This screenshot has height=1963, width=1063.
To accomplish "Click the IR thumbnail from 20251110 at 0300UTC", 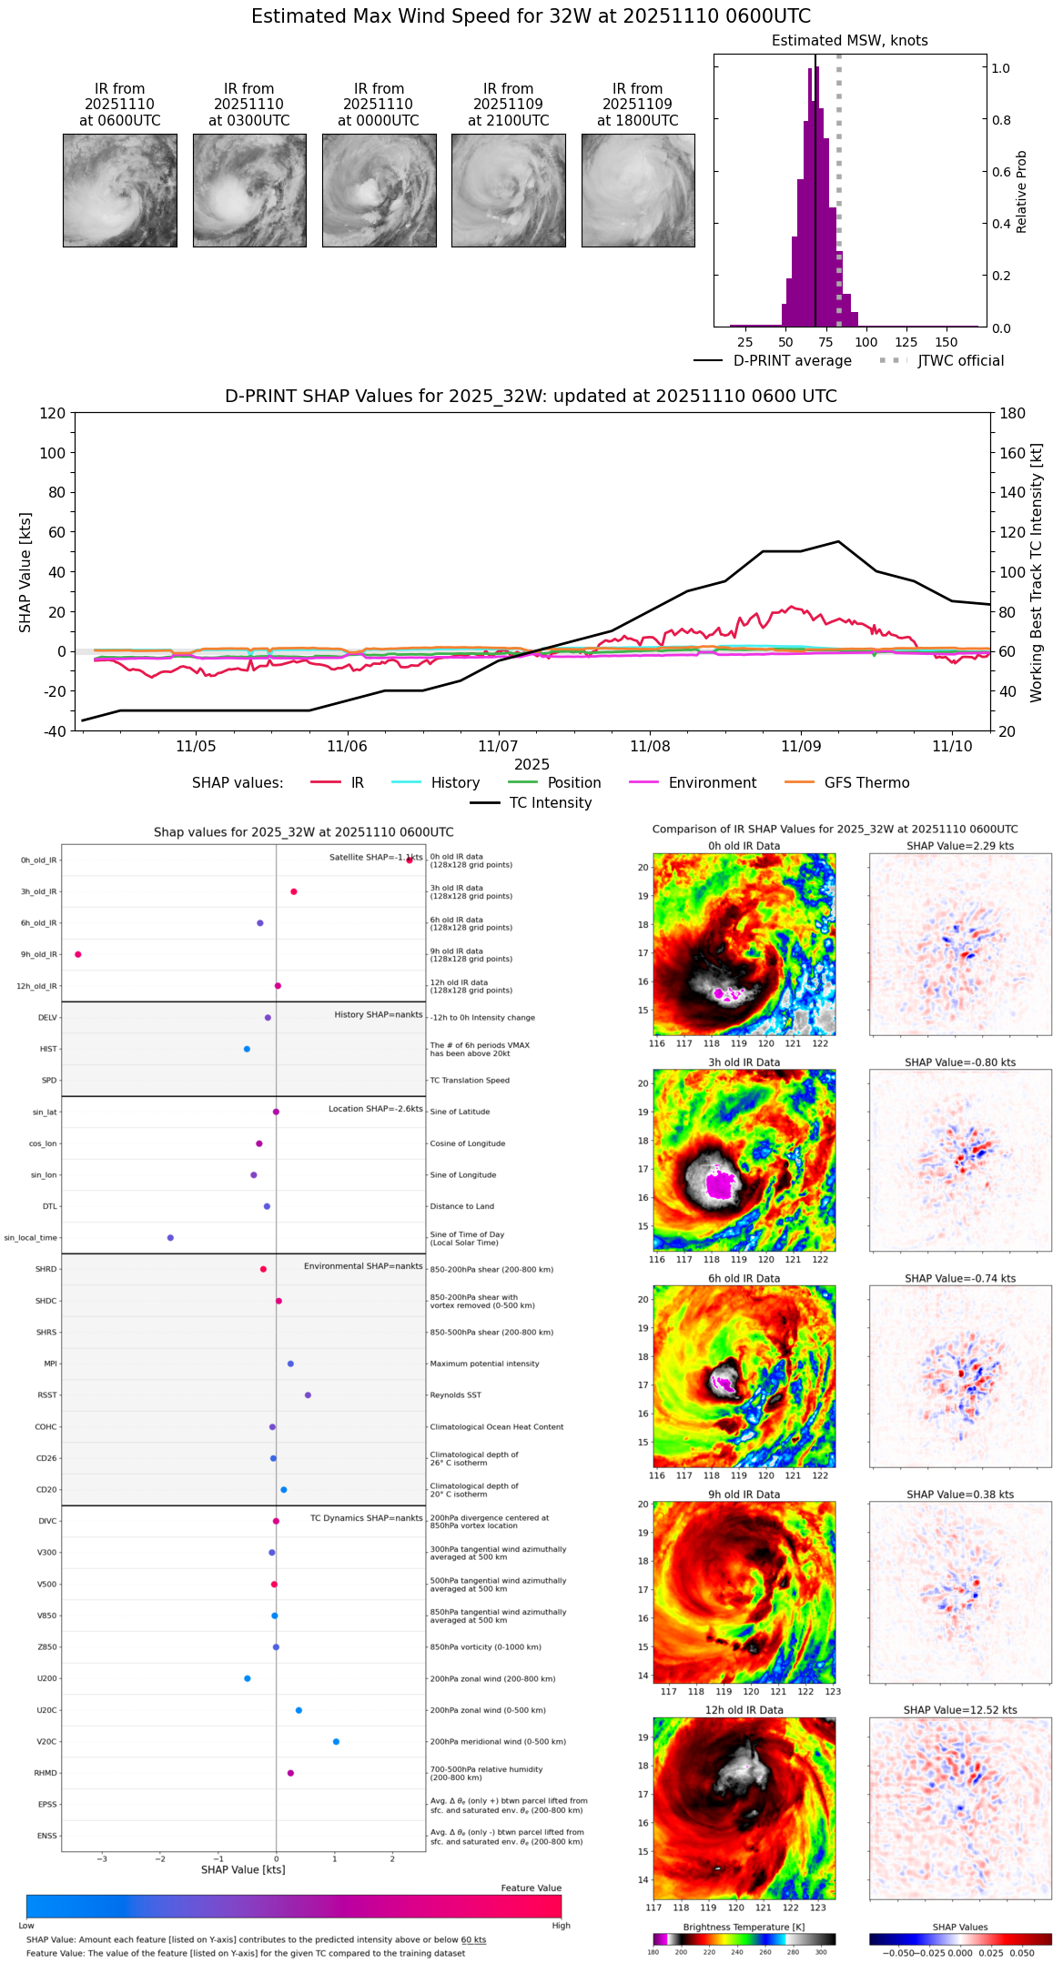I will [x=249, y=190].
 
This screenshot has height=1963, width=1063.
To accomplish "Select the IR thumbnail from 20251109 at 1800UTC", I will [x=638, y=190].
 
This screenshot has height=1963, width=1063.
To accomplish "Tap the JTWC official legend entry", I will [x=960, y=361].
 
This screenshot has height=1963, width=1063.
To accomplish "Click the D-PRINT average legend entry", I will [x=792, y=361].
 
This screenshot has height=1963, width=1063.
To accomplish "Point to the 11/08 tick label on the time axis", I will [x=650, y=747].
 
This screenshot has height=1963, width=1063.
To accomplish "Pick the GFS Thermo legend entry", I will [x=866, y=783].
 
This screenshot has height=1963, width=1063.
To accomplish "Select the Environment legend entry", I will [x=712, y=783].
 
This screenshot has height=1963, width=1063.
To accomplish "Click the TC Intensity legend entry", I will [x=550, y=803].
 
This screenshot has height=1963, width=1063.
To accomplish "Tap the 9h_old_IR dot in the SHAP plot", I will [x=78, y=954].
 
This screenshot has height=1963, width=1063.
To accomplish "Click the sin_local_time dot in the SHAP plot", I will [x=170, y=1238].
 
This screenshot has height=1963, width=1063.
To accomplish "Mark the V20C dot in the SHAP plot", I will [x=336, y=1742].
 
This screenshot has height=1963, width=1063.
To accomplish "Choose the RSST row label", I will [x=47, y=1395].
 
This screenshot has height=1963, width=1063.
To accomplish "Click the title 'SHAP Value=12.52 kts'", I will [x=960, y=1710].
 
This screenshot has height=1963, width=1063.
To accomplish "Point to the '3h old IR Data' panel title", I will [x=744, y=1062].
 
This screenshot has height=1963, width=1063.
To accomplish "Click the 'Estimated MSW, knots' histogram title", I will [x=849, y=41].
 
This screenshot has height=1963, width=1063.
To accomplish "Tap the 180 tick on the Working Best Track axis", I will [x=1013, y=413].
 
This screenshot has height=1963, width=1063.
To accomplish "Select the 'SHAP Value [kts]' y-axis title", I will [x=25, y=572].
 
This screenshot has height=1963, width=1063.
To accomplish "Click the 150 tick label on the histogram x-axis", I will [x=947, y=343].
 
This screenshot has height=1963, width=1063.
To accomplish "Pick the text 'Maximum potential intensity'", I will [x=484, y=1364].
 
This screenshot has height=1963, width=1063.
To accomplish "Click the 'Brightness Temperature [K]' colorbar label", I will [x=744, y=1927].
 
